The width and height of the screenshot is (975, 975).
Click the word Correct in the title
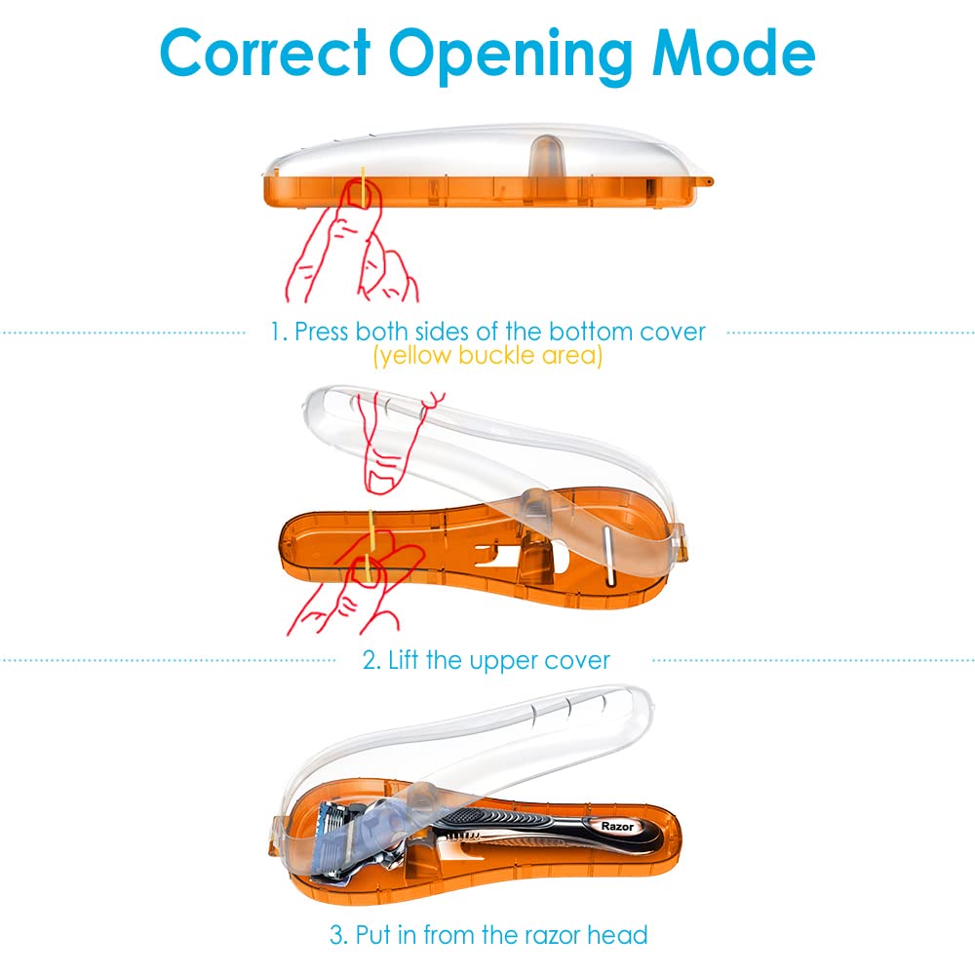pyautogui.click(x=265, y=53)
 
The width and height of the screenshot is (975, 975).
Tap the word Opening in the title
pyautogui.click(x=512, y=57)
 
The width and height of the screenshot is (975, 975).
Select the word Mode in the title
pyautogui.click(x=734, y=53)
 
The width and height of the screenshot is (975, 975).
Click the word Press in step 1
pyautogui.click(x=321, y=331)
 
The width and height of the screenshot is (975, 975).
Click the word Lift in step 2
pyautogui.click(x=404, y=660)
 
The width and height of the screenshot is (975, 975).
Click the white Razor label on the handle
pyautogui.click(x=617, y=827)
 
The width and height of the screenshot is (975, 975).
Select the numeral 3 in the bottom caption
pyautogui.click(x=336, y=935)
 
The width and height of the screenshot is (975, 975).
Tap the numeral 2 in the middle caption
pyautogui.click(x=370, y=660)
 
